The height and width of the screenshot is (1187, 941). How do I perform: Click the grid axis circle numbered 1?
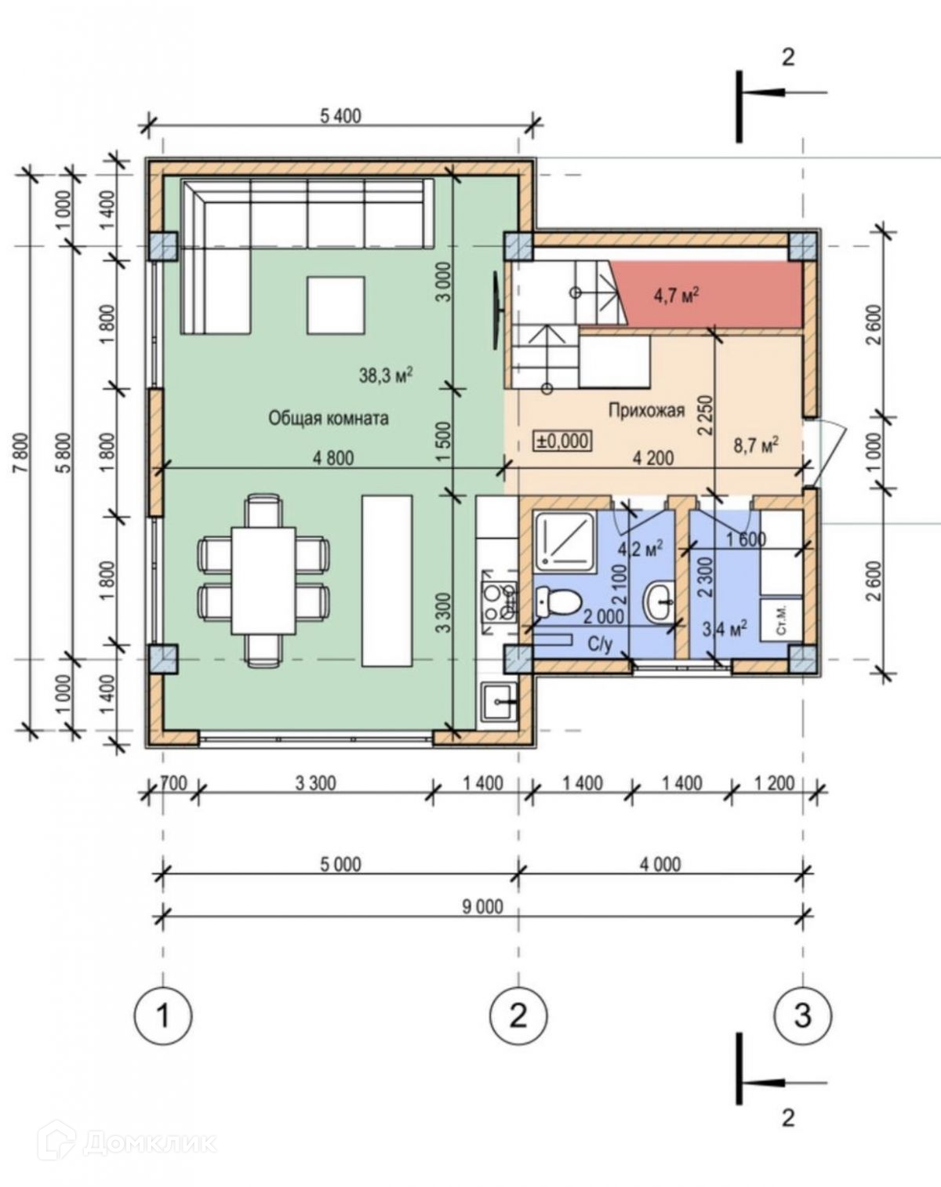tap(163, 1015)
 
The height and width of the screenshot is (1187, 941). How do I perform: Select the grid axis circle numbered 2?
tap(519, 1015)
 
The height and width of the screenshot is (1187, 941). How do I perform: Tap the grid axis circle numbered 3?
tap(803, 1015)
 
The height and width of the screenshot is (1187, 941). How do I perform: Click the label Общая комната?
tap(329, 418)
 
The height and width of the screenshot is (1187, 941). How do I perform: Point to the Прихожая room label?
tap(646, 410)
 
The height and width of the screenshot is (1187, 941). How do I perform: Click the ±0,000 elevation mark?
tap(562, 441)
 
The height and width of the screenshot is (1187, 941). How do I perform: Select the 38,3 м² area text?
tap(387, 376)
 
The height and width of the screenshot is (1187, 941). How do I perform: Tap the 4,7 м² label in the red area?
tap(676, 296)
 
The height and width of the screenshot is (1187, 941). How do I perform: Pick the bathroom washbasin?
tap(659, 602)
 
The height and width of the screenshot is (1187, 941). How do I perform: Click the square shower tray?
tap(565, 541)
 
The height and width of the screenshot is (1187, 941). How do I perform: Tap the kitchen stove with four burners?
tap(500, 597)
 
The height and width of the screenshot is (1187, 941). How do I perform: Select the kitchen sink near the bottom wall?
tap(500, 702)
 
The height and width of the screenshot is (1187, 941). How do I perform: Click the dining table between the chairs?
tap(263, 581)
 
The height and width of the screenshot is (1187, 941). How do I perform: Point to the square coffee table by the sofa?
tap(336, 306)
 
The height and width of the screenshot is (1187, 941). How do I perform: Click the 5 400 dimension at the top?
tap(340, 116)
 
